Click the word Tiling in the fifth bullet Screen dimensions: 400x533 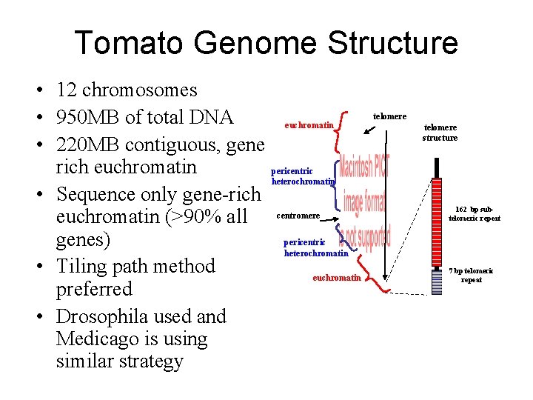tap(86, 266)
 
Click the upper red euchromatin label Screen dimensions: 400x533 tap(309, 126)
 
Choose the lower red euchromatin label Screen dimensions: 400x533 tap(337, 278)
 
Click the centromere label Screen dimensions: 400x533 tap(298, 216)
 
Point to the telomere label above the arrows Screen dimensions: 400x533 tap(389, 116)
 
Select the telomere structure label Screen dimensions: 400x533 tap(440, 133)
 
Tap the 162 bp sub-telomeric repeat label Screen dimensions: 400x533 tap(475, 214)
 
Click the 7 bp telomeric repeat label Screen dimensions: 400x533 tap(471, 275)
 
